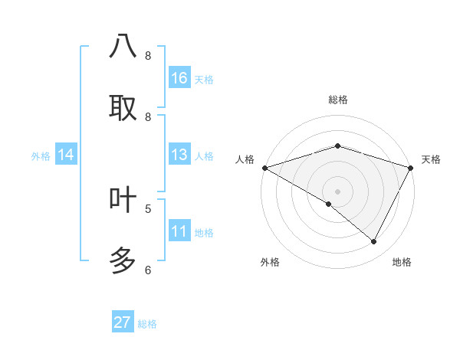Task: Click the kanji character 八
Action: (x=123, y=47)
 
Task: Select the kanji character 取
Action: (x=123, y=108)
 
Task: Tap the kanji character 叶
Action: (x=123, y=200)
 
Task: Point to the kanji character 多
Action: (x=123, y=261)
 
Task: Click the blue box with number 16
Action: (x=179, y=78)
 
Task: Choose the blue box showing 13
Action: (x=179, y=155)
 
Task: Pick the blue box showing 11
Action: (x=179, y=231)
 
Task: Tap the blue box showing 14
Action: (x=66, y=155)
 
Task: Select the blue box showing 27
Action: (x=123, y=322)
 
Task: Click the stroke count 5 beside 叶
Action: (x=148, y=208)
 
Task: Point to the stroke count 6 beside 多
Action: (x=148, y=270)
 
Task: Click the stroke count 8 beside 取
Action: (x=148, y=116)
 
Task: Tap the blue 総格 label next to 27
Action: (x=147, y=324)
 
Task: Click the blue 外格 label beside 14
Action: (x=41, y=156)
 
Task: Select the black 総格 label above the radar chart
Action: (x=337, y=100)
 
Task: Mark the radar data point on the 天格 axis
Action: (x=411, y=167)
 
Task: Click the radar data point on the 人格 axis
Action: (x=264, y=167)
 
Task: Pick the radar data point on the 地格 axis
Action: (x=374, y=241)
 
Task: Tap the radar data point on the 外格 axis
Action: (x=329, y=204)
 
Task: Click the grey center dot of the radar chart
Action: (x=337, y=191)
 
